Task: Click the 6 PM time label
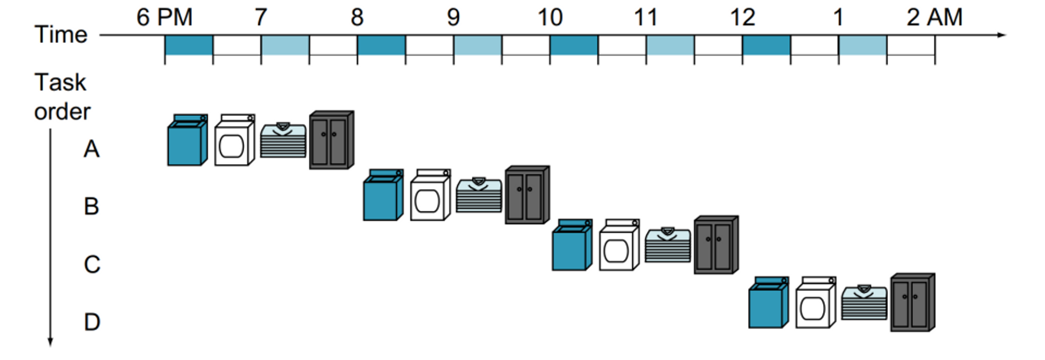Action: point(164,17)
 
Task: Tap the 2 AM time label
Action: point(934,17)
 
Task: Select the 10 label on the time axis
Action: point(550,17)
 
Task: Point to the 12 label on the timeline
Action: point(742,17)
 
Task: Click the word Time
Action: point(61,34)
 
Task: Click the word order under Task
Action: point(62,112)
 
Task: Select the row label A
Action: point(91,149)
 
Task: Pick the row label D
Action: point(92,322)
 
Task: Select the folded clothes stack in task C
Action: point(667,245)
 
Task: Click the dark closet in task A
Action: point(331,140)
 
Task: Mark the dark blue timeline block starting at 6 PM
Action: point(189,45)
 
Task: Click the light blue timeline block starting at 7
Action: point(285,45)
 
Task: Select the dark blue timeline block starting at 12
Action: point(766,45)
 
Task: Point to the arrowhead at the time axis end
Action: point(1001,35)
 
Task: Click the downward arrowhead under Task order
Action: point(51,342)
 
